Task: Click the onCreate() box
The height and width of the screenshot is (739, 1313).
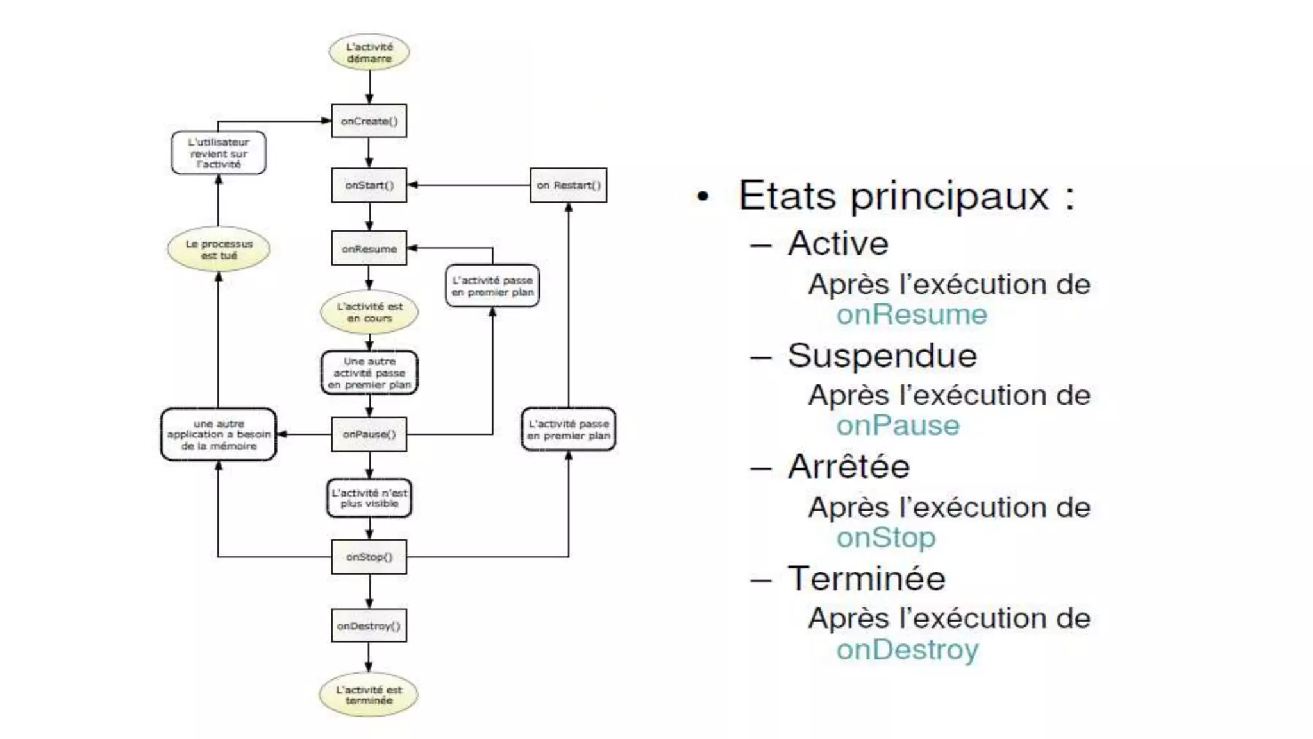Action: [x=369, y=121]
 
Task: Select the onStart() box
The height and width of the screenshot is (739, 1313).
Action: [x=369, y=185]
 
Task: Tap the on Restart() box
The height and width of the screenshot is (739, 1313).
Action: [x=568, y=185]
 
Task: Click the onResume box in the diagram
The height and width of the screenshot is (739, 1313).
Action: [x=369, y=248]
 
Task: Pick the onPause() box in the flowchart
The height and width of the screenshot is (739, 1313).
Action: [x=369, y=434]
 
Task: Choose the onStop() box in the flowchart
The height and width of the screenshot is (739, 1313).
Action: [x=369, y=557]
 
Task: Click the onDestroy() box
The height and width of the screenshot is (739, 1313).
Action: [x=369, y=625]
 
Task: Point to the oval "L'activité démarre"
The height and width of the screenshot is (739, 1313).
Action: [x=369, y=53]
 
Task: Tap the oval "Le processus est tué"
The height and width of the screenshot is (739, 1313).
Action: [x=219, y=250]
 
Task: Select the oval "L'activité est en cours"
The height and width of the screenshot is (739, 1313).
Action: [x=369, y=312]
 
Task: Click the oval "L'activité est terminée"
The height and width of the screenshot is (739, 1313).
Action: [x=369, y=695]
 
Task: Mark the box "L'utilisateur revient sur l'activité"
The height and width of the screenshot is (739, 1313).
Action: [x=219, y=153]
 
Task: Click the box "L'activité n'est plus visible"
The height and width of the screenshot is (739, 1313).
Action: [x=369, y=498]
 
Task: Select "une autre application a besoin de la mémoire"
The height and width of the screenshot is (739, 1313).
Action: [x=219, y=434]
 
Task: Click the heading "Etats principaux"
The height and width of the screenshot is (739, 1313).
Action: [x=905, y=195]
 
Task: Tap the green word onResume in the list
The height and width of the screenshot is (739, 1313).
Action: [x=912, y=314]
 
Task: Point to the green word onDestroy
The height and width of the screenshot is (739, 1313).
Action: [x=907, y=649]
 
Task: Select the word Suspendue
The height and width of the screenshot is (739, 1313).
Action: [x=882, y=355]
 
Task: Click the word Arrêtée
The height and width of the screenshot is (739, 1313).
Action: [x=849, y=466]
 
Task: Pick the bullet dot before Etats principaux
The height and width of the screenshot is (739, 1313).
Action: [x=703, y=196]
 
